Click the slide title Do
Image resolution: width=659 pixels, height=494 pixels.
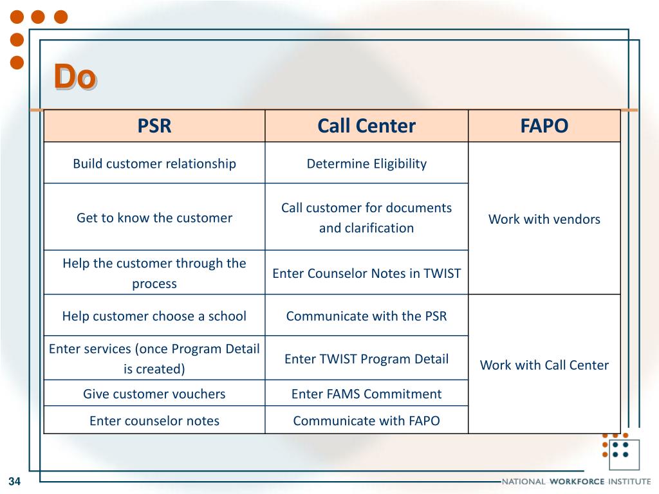(75, 77)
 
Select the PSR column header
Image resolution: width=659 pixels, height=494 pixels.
(154, 125)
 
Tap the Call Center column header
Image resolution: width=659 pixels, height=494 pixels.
(366, 125)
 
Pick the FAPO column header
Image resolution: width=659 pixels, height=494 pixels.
(544, 125)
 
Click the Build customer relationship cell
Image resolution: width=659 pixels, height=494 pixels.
(154, 163)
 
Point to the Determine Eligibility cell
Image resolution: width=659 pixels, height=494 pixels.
(366, 163)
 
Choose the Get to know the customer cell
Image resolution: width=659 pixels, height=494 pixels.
(154, 217)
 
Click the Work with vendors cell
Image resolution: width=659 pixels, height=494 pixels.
(544, 219)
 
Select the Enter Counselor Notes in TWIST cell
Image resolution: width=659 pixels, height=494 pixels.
(366, 273)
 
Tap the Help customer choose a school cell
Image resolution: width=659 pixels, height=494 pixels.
(154, 316)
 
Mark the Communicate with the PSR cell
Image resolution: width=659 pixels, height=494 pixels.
(366, 316)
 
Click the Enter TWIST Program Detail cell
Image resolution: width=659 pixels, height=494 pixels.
(366, 359)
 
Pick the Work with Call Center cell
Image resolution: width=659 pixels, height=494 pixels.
(544, 365)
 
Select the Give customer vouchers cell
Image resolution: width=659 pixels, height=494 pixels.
(154, 394)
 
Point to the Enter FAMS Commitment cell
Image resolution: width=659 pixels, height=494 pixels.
(366, 394)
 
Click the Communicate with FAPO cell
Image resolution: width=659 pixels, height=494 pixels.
(366, 421)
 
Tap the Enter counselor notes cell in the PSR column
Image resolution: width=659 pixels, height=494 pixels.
(154, 421)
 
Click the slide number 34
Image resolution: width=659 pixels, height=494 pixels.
(14, 482)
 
